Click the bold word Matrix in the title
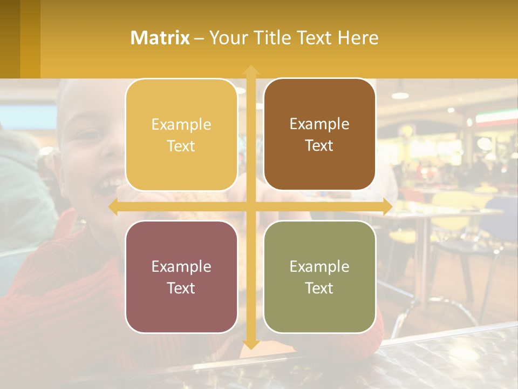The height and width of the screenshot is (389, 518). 160,38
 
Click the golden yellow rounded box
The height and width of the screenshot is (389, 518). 181,135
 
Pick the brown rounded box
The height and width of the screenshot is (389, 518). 319,135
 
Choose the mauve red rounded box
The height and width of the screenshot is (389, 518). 181,277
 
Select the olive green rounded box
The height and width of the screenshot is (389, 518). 319,277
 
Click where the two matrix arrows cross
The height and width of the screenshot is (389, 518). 250,207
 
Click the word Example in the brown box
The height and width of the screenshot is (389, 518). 319,124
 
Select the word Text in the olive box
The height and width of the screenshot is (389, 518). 319,288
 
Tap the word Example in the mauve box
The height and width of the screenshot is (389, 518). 181,266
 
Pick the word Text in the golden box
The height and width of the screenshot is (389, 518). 181,146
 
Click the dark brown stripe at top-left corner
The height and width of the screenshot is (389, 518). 10,38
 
